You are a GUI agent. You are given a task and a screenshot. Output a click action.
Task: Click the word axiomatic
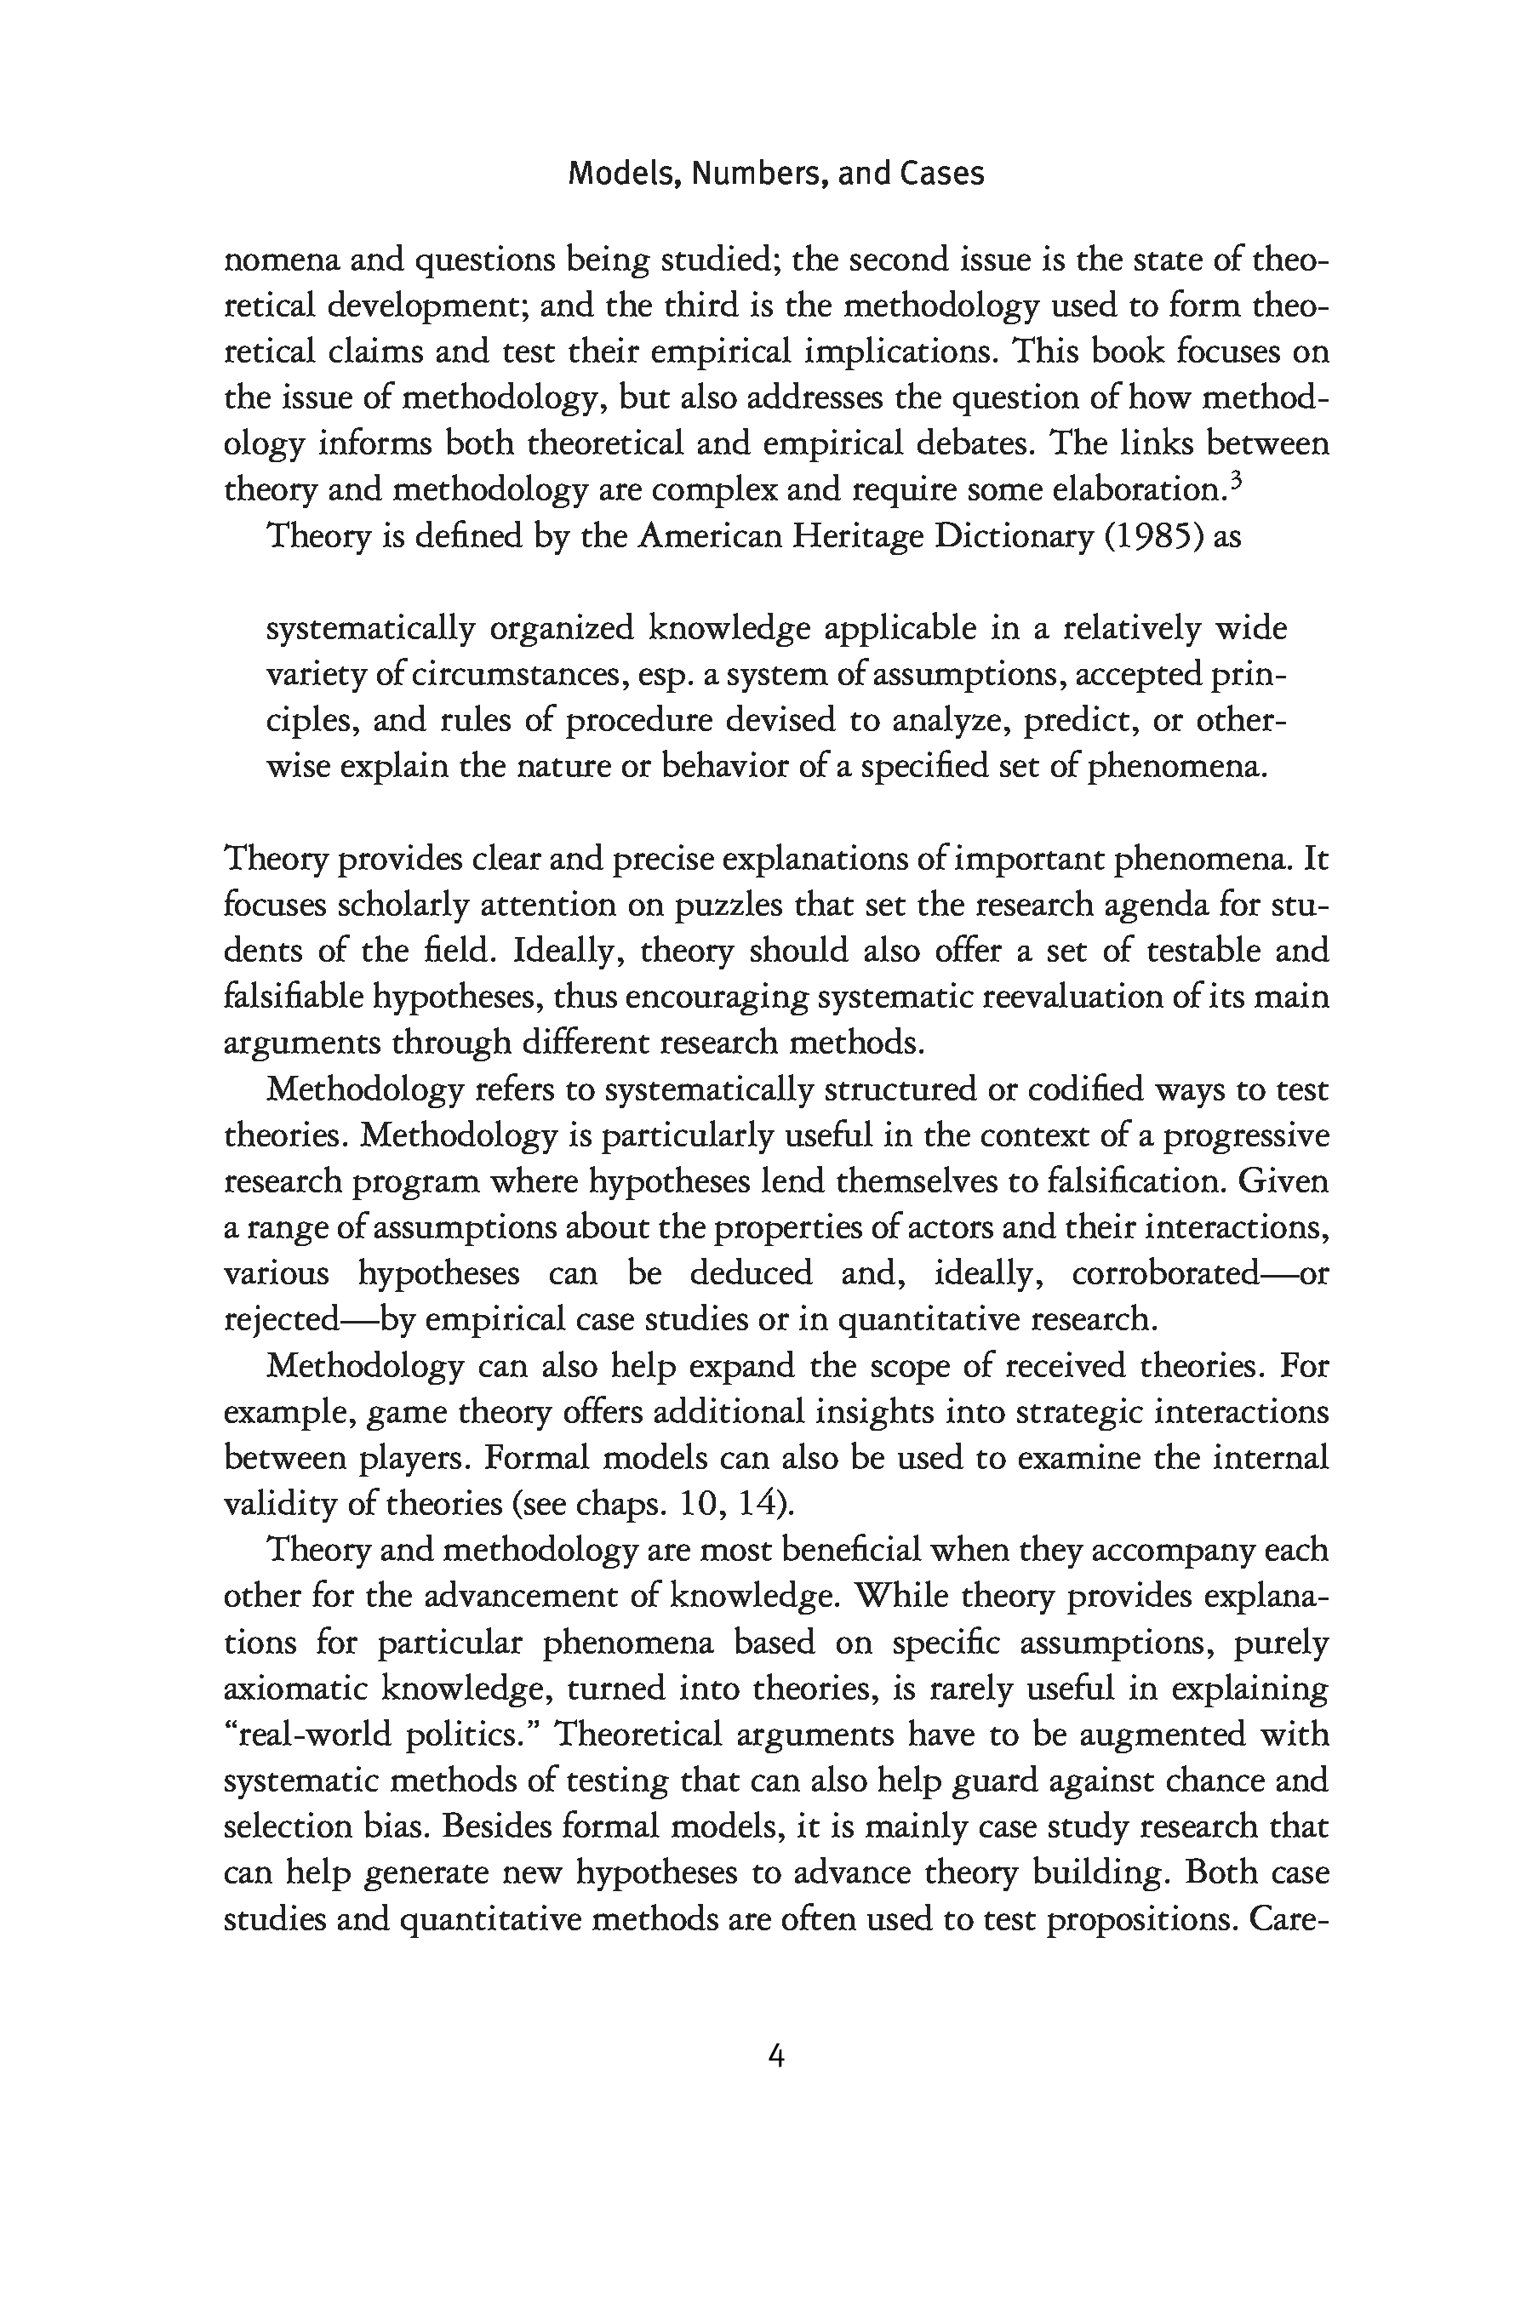(x=294, y=1689)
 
